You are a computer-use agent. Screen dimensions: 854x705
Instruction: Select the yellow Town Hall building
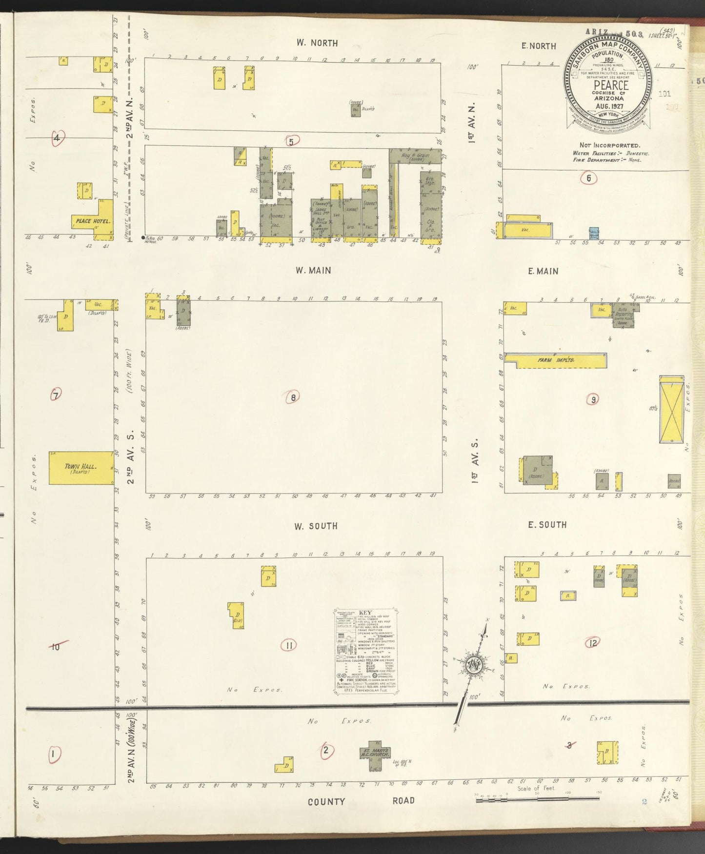click(81, 468)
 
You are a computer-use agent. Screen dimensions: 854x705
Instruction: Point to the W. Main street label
click(313, 270)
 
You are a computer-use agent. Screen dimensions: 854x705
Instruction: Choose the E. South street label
click(547, 525)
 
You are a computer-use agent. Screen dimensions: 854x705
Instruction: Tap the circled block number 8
click(293, 397)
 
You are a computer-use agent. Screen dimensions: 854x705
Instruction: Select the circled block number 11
click(289, 646)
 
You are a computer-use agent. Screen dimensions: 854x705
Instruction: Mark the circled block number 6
click(588, 178)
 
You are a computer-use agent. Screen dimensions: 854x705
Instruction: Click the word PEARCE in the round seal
click(610, 84)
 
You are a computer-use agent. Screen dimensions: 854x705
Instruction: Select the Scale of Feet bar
click(537, 798)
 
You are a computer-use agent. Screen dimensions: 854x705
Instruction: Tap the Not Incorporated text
click(609, 145)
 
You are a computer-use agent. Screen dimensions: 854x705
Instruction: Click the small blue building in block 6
click(594, 233)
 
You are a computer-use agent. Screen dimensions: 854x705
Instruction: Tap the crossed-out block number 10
click(56, 647)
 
